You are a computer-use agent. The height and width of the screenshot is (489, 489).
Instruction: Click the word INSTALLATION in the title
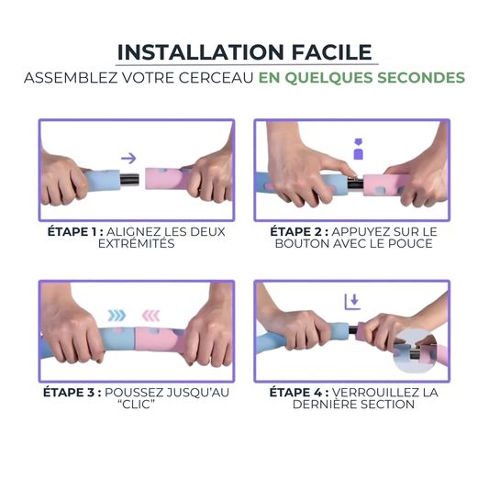click(201, 52)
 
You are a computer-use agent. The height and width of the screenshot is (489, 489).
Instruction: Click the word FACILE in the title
click(332, 52)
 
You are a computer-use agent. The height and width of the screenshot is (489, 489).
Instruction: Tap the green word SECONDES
click(421, 78)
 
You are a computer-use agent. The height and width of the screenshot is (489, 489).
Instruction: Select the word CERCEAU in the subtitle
click(216, 78)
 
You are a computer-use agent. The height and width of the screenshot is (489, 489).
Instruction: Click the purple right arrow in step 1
click(128, 158)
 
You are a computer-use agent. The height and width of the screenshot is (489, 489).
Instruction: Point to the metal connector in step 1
click(129, 180)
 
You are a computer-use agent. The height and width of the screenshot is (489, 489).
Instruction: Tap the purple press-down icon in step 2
click(359, 149)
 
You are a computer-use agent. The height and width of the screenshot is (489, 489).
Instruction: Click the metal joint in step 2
click(355, 184)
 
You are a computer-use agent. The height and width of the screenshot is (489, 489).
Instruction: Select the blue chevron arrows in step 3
click(117, 316)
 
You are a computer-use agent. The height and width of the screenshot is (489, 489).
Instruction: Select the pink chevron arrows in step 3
click(151, 316)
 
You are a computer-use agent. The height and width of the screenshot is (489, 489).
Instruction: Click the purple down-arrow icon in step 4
click(352, 302)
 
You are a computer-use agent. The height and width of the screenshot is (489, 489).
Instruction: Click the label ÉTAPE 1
click(75, 232)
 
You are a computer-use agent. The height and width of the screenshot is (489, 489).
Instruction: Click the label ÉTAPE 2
click(299, 232)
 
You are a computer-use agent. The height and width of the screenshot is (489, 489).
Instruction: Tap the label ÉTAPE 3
click(72, 393)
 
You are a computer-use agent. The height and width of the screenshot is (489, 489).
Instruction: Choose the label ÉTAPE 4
click(299, 393)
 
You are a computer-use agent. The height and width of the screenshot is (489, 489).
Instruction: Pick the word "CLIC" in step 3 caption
click(137, 405)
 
